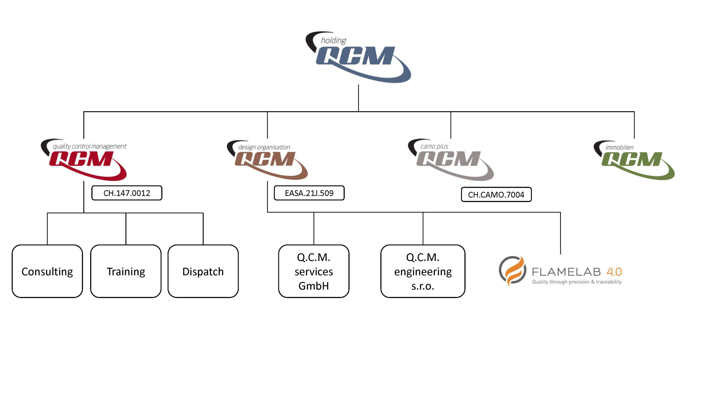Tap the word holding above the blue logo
333,41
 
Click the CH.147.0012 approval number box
127,193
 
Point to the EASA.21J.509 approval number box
309,193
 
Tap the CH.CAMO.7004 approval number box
496,195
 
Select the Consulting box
47,271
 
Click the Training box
126,271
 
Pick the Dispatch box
203,271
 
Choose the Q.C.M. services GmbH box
314,271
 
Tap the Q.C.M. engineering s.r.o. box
423,271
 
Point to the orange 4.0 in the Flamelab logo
614,272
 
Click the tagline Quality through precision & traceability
577,282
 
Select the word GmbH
314,286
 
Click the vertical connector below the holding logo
358,98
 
